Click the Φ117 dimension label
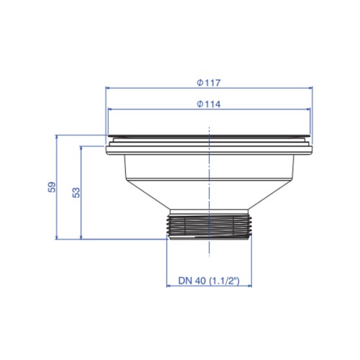[208, 83]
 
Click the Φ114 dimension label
[208, 104]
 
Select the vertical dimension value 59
[52, 187]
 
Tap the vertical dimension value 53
[76, 192]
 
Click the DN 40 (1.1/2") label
[209, 281]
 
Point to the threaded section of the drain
[209, 227]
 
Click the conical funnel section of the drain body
[209, 194]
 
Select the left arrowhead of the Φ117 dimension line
[108, 88]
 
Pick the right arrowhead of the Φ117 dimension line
[310, 88]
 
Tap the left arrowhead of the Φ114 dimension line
[110, 109]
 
